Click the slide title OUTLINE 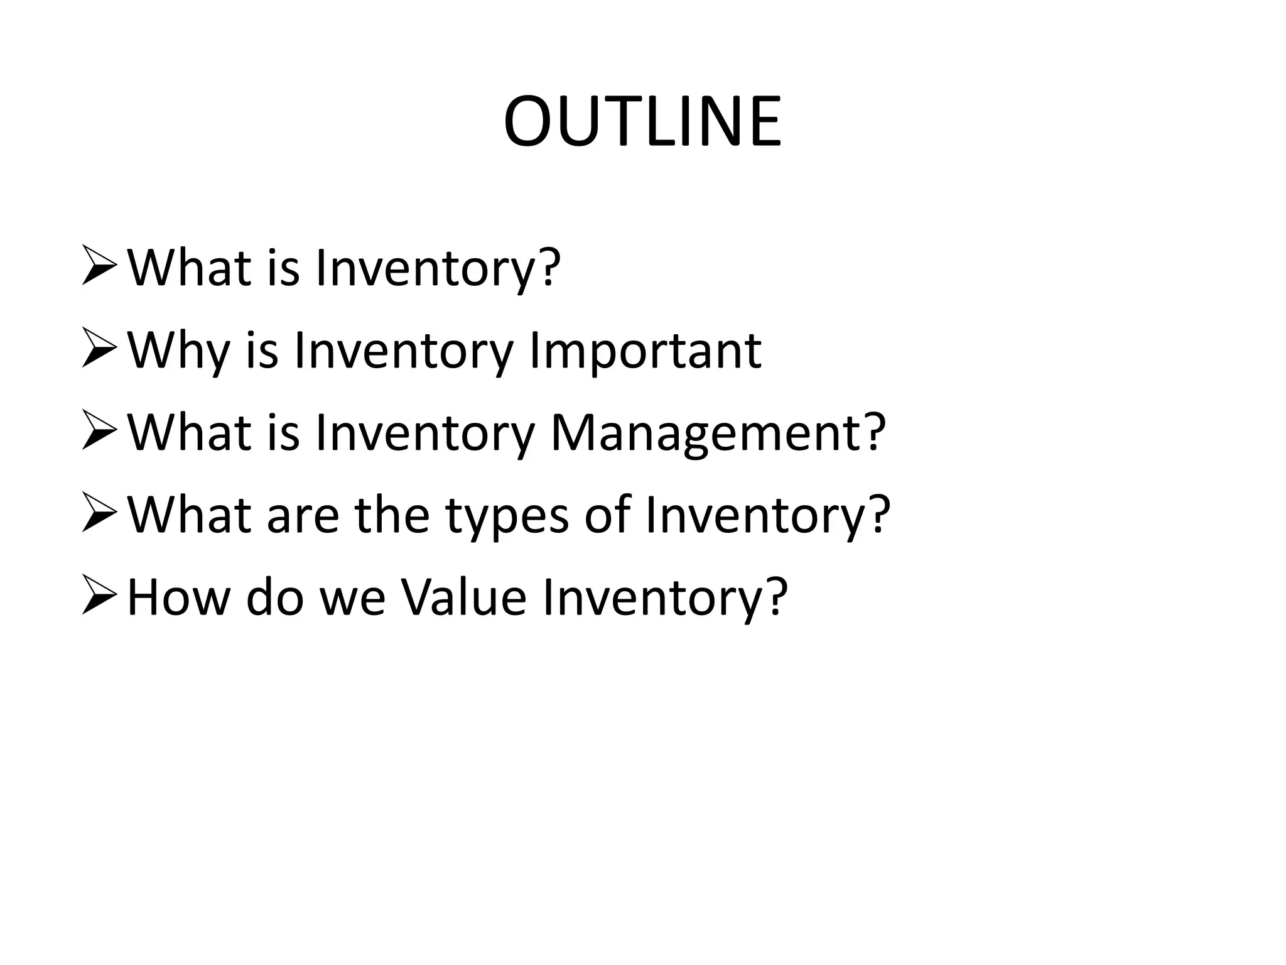pos(642,122)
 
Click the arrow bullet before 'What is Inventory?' pos(99,267)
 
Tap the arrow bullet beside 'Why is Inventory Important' pos(99,350)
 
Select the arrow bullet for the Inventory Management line pos(99,432)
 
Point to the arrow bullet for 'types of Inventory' pos(99,515)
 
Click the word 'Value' pos(463,597)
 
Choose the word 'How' pos(178,597)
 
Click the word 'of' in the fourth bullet pos(607,515)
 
